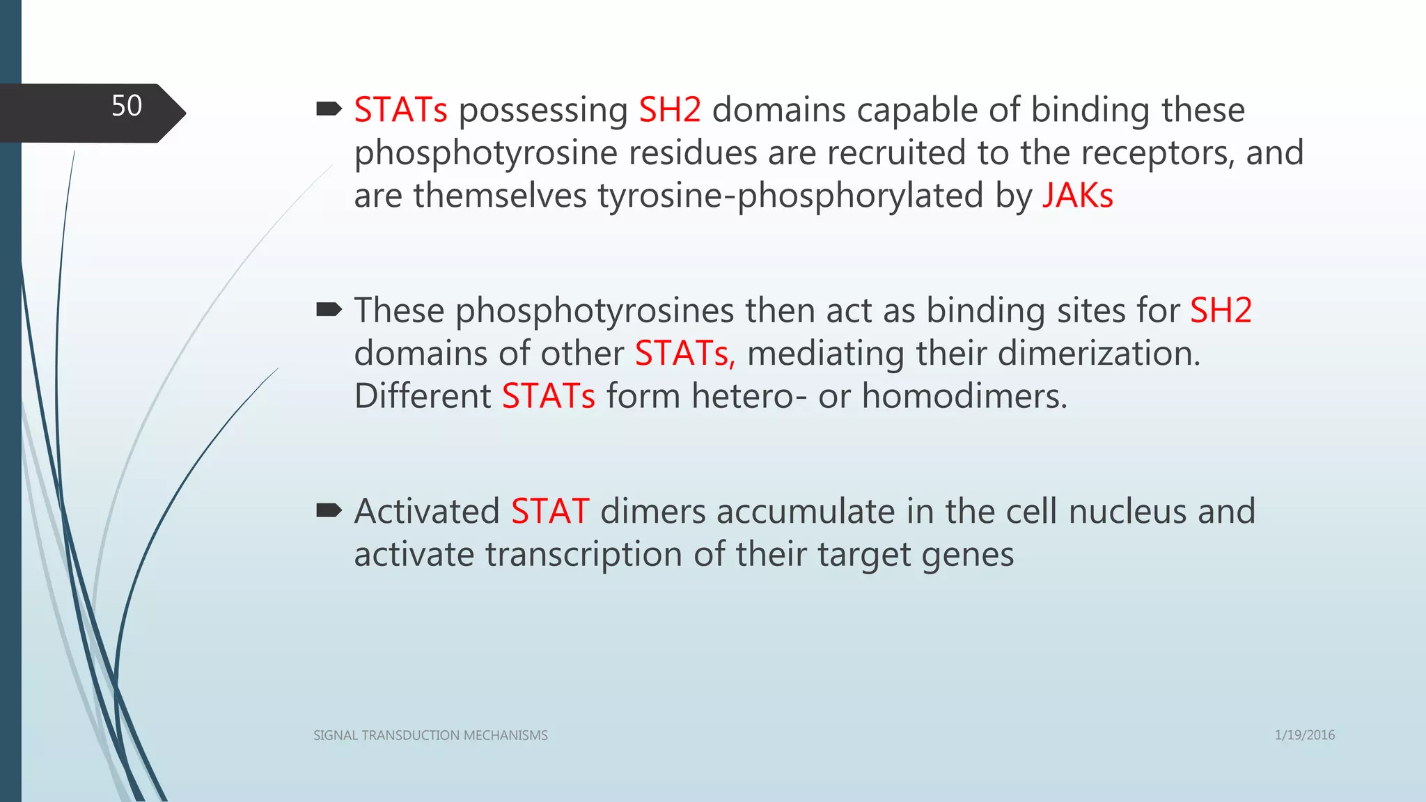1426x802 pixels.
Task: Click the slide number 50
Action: click(127, 107)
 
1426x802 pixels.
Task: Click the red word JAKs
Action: click(1077, 196)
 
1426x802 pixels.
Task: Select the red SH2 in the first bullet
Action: click(670, 110)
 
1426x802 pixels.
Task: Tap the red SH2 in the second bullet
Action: click(1221, 310)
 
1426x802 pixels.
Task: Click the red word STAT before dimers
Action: click(550, 512)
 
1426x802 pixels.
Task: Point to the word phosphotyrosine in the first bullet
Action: click(485, 154)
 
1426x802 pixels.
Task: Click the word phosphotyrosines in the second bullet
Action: click(595, 311)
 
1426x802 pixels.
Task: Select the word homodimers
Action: click(964, 396)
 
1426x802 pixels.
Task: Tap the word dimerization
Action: click(1099, 354)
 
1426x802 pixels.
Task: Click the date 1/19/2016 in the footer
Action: click(1304, 735)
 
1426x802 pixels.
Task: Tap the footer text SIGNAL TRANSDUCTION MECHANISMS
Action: click(430, 736)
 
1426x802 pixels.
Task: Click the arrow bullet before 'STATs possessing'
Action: click(329, 109)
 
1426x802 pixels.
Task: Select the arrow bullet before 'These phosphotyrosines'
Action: click(329, 309)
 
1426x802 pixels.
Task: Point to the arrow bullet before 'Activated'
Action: click(329, 511)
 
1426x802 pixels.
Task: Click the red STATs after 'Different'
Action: click(548, 396)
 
